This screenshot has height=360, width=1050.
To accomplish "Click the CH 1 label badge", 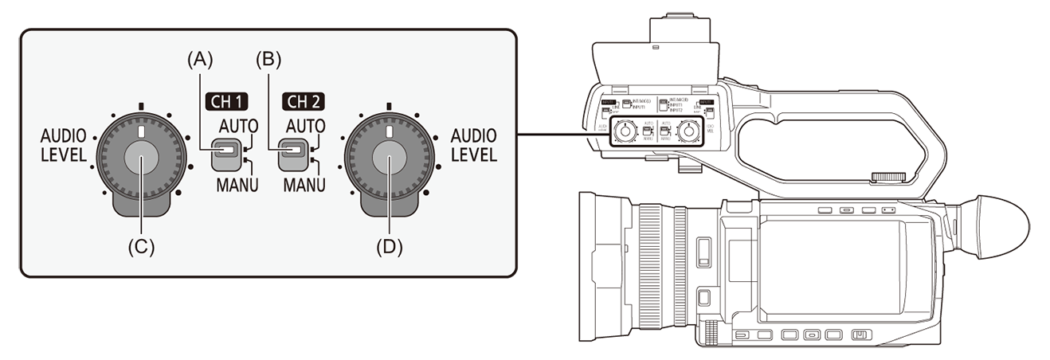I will click(x=228, y=101).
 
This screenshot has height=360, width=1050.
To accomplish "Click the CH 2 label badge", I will click(x=306, y=101).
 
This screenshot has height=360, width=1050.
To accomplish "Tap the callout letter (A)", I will click(x=199, y=59).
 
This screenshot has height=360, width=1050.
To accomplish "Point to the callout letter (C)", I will click(x=142, y=247).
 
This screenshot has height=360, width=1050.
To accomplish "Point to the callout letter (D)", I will click(x=390, y=247).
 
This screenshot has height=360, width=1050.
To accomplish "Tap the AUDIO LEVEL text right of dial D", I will click(x=472, y=143).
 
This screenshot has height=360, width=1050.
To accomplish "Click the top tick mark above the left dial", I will click(x=141, y=104).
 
